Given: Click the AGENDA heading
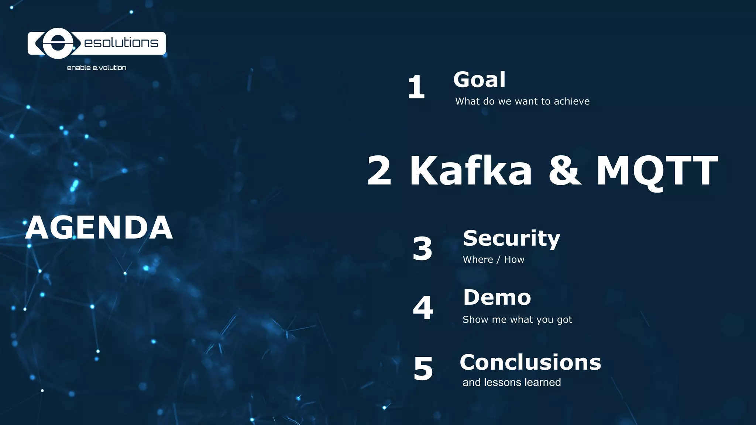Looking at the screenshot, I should [x=99, y=228].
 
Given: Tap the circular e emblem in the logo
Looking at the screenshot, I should [x=58, y=44].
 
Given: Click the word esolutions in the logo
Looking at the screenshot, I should [x=121, y=43].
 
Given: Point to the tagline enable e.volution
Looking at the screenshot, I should [x=97, y=68].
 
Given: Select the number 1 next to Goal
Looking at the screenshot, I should [x=416, y=87].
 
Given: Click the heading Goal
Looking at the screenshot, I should [x=479, y=80].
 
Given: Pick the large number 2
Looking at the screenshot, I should [x=379, y=171].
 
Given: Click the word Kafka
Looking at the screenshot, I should [x=471, y=170].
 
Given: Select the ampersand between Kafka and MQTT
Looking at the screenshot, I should [x=564, y=171].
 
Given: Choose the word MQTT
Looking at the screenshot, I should [x=657, y=171].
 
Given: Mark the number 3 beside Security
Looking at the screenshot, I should [x=422, y=249].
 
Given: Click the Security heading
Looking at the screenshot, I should [x=511, y=239].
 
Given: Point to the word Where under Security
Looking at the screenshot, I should [x=478, y=260].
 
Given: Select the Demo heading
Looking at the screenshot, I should [x=497, y=297].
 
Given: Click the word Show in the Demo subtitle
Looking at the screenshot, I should [x=475, y=319].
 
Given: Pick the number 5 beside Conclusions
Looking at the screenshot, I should [x=423, y=369].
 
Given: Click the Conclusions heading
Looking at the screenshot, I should [x=530, y=362].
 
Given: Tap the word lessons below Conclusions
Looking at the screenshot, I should [x=502, y=382].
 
